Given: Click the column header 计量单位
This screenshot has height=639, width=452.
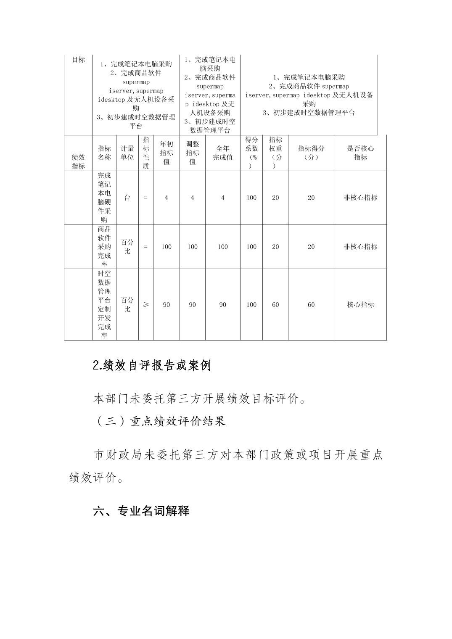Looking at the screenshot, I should point(127,153).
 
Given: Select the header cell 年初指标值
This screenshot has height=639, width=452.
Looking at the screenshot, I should point(167,153).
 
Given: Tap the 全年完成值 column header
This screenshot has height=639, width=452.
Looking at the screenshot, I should point(222,153).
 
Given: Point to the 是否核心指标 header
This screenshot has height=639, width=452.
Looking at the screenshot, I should point(360,153).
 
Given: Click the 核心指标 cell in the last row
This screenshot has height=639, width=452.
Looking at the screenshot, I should point(360,305).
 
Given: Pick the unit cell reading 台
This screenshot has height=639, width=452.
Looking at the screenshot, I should point(127,198).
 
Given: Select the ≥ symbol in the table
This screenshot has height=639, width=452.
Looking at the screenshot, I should point(145,305).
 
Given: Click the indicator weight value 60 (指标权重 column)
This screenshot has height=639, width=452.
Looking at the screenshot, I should point(275,305).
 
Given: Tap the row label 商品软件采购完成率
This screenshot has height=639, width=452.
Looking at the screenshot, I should point(104,247).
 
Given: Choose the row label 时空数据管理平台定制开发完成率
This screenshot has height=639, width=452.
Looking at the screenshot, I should point(104,305).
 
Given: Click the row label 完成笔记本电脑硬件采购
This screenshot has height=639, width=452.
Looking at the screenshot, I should point(104,198).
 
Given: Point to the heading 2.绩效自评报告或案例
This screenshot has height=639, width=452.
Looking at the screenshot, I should point(151,365).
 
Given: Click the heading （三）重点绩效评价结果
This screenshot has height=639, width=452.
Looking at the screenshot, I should point(159,421).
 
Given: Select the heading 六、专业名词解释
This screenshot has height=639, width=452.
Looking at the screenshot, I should point(141,511).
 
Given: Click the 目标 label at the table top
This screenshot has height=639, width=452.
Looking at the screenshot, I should point(78,60).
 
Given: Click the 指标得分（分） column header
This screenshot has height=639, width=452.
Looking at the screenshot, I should point(311,153).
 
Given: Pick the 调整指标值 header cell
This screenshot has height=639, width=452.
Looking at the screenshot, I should point(193,153).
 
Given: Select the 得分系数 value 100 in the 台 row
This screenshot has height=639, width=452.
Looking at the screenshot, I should point(251,198).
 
